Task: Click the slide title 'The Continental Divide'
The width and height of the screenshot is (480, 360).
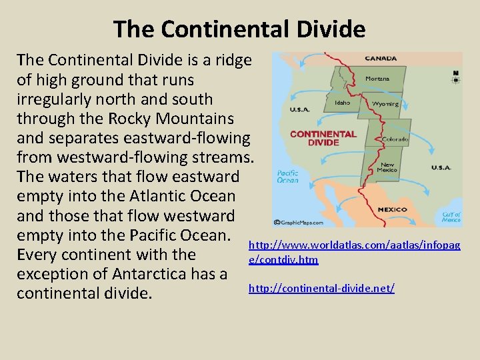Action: [x=239, y=29]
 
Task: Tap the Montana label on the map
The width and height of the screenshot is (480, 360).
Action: [x=377, y=79]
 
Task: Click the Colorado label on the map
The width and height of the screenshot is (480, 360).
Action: [x=395, y=140]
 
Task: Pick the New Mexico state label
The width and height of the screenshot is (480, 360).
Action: [x=387, y=167]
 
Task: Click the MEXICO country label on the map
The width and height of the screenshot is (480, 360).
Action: [x=393, y=209]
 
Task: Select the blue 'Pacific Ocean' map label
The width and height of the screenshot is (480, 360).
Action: [x=288, y=176]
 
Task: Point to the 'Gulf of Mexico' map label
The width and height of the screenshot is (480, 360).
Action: [x=451, y=217]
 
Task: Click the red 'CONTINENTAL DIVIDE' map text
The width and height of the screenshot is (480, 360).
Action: [x=323, y=138]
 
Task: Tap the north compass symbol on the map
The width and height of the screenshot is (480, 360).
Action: [x=455, y=77]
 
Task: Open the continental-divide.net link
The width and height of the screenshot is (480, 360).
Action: [x=321, y=288]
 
